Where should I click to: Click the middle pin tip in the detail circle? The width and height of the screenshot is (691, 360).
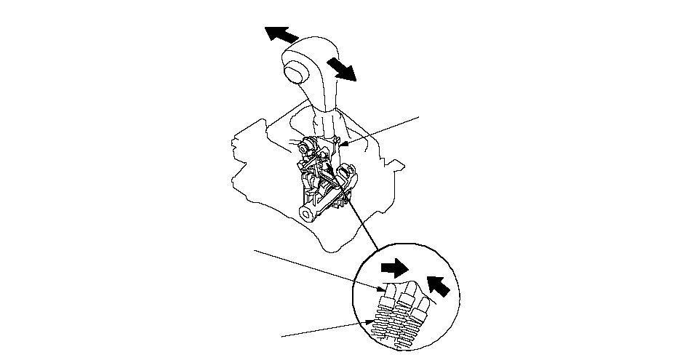tap(407, 289)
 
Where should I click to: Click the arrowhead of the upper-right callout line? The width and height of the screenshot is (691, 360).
tap(341, 146)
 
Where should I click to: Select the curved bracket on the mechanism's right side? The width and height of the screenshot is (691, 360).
tap(348, 178)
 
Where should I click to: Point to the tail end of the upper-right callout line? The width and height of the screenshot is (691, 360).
tap(420, 115)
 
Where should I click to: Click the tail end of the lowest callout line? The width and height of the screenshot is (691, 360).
tap(282, 336)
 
